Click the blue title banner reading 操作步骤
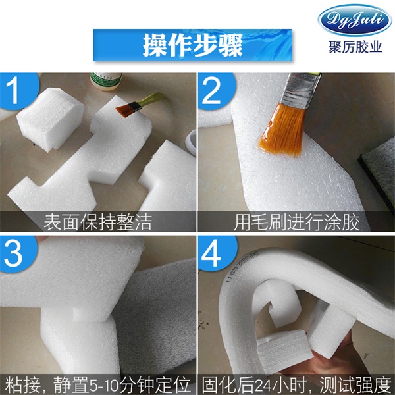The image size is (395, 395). coord(193,45)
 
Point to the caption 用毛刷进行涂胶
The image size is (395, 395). coord(296,221)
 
